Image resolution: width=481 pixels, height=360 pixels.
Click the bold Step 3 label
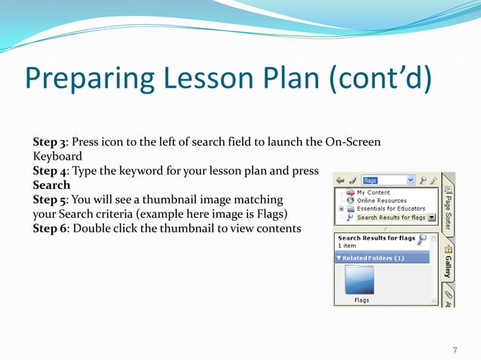click(x=48, y=142)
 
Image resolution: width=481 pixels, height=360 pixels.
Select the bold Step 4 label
click(x=48, y=171)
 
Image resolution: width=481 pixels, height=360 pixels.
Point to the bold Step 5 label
click(x=48, y=200)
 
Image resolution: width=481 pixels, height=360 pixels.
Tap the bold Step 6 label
click(x=48, y=228)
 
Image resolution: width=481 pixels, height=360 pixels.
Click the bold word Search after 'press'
click(x=51, y=185)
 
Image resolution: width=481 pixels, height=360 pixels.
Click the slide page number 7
click(x=455, y=349)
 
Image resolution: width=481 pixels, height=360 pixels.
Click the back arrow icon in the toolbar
click(x=340, y=181)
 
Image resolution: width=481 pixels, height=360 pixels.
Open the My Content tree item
click(x=373, y=193)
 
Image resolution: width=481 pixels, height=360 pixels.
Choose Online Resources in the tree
click(x=381, y=201)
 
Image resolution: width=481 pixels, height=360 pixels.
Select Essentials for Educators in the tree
click(x=391, y=209)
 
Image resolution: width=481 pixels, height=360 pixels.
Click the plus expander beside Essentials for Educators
click(x=342, y=209)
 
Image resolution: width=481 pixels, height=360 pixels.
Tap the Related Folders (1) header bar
click(x=381, y=258)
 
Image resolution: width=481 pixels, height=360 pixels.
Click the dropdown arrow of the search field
click(x=410, y=181)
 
